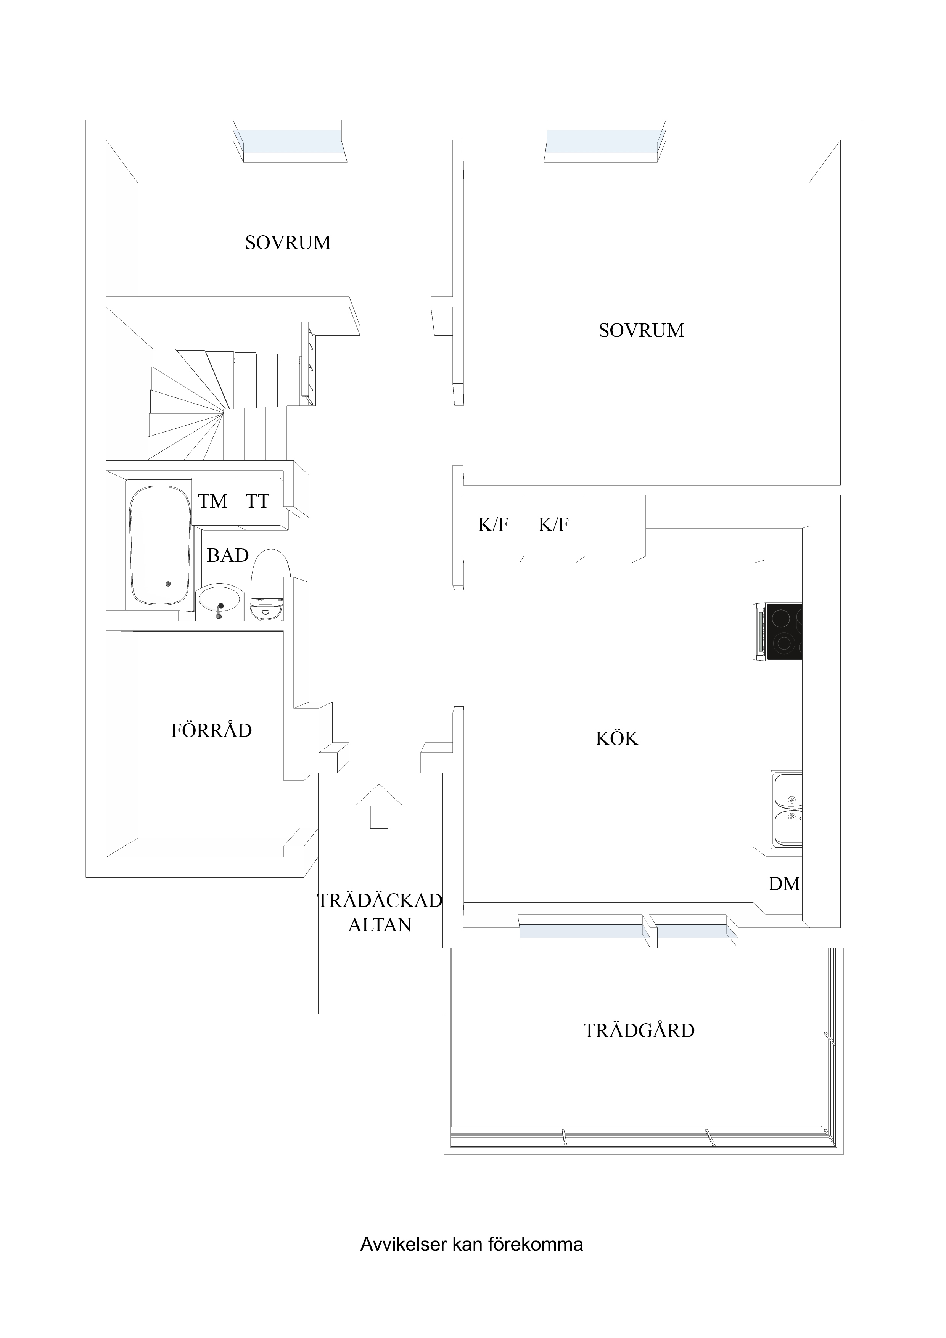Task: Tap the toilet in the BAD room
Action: click(x=270, y=583)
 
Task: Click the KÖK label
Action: click(x=617, y=738)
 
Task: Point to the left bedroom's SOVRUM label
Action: click(x=288, y=243)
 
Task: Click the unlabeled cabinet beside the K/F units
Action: click(x=615, y=526)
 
